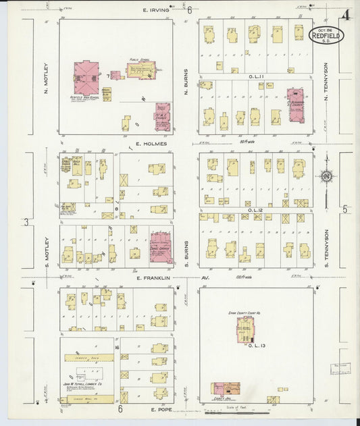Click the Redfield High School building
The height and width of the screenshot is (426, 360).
(86, 77)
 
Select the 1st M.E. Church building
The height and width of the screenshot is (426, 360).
(162, 116)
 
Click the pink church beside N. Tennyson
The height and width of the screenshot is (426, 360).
(295, 105)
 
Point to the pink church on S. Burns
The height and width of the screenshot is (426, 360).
(160, 247)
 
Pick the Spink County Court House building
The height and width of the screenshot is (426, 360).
(245, 329)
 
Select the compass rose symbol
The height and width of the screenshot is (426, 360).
(326, 177)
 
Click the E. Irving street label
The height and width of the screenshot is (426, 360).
(155, 10)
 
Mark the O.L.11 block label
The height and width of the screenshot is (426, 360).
(256, 77)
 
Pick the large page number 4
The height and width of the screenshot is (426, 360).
(345, 16)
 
